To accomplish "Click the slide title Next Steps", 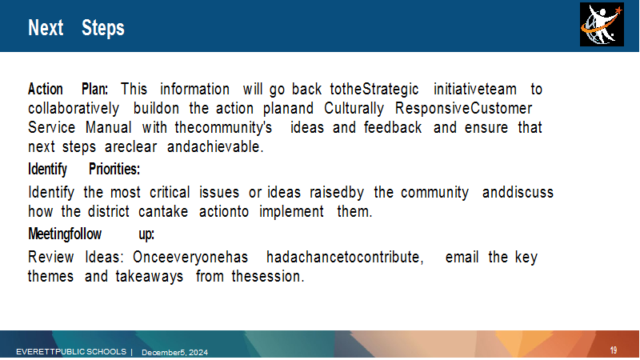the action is pyautogui.click(x=76, y=28).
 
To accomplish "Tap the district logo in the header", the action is pyautogui.click(x=602, y=25).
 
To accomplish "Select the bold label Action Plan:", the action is pyautogui.click(x=68, y=89).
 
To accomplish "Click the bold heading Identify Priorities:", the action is pyautogui.click(x=84, y=169).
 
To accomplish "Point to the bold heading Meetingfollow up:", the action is pyautogui.click(x=91, y=234).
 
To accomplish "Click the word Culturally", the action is pyautogui.click(x=354, y=109).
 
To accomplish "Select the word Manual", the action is pyautogui.click(x=109, y=127).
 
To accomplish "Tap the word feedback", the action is pyautogui.click(x=393, y=127).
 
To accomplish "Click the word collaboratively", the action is pyautogui.click(x=74, y=109).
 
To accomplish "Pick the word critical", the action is pyautogui.click(x=170, y=192).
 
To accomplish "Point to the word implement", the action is pyautogui.click(x=291, y=212).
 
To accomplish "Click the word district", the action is pyautogui.click(x=109, y=211).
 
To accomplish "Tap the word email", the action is pyautogui.click(x=462, y=257).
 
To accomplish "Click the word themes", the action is pyautogui.click(x=50, y=276).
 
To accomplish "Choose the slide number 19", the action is pyautogui.click(x=614, y=350).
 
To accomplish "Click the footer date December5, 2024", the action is pyautogui.click(x=174, y=352).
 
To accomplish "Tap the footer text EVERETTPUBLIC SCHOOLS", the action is pyautogui.click(x=71, y=351).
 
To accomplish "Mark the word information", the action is pyautogui.click(x=194, y=89).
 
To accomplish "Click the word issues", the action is pyautogui.click(x=219, y=192).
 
